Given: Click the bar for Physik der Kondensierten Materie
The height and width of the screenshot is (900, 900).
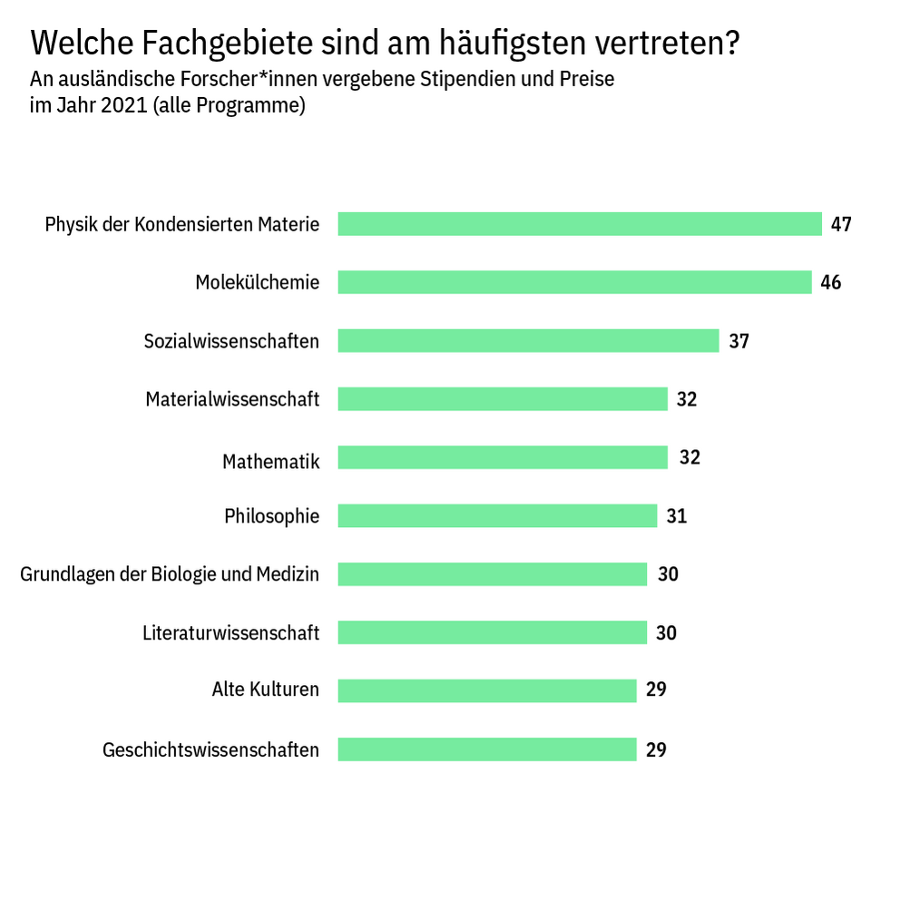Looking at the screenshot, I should pos(579,224).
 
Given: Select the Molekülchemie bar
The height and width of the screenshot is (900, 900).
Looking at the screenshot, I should pos(574,282).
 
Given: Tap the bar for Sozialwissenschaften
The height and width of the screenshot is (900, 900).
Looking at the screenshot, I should pos(528,341).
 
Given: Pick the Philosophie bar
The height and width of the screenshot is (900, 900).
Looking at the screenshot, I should pos(497,516).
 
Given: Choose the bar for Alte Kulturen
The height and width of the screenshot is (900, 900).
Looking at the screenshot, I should pos(487,690).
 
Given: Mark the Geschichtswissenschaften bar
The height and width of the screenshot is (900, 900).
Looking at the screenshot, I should pos(487,749).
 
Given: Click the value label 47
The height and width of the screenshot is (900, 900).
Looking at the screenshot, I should pos(841,224).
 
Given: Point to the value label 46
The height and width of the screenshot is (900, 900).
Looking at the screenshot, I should pos(830,282).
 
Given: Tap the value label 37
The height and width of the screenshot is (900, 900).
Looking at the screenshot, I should pos(739,341).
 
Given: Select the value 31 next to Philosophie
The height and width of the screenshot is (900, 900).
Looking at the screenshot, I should pos(676,516).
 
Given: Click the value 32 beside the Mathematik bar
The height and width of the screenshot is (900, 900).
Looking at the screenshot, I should pos(690,457).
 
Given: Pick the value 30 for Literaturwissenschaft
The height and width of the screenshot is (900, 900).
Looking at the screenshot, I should pos(666,632).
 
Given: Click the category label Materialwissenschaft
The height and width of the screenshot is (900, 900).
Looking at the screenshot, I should pos(232,399).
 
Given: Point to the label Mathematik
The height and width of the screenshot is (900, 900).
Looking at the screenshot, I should pos(270,462).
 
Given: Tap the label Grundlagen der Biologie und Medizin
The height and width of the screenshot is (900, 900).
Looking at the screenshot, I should pos(170,574).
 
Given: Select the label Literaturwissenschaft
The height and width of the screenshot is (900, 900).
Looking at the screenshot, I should pos(230,632).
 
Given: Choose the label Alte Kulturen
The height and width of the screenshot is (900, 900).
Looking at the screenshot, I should pos(265,690).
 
